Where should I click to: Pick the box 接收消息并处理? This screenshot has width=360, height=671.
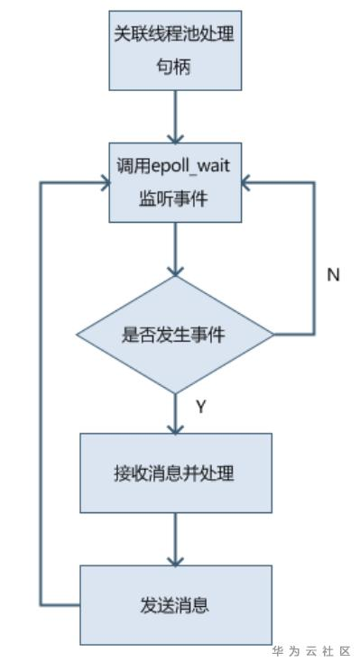(176, 473)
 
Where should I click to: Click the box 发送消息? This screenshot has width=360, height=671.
(176, 604)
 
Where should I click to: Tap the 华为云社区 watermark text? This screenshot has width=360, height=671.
(309, 650)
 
